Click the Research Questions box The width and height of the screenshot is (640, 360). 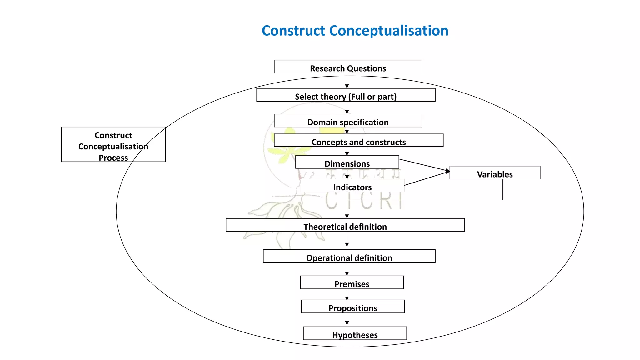pyautogui.click(x=348, y=67)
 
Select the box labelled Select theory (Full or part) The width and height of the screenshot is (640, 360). pyautogui.click(x=346, y=95)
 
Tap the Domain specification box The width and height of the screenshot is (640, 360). pyautogui.click(x=348, y=121)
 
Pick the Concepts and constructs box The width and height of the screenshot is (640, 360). pyautogui.click(x=358, y=140)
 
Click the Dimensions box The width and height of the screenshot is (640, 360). pyautogui.click(x=347, y=162)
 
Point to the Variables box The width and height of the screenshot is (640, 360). pyautogui.click(x=495, y=173)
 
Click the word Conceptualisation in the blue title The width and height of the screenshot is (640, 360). pyautogui.click(x=389, y=31)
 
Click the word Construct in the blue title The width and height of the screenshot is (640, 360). pyautogui.click(x=293, y=31)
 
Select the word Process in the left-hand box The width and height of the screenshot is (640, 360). pyautogui.click(x=113, y=157)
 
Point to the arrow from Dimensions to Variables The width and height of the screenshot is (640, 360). pyautogui.click(x=424, y=165)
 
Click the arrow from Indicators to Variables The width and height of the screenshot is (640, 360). pyautogui.click(x=427, y=178)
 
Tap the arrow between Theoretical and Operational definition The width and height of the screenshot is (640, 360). pyautogui.click(x=347, y=240)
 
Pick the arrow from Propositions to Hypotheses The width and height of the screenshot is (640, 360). pyautogui.click(x=347, y=320)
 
